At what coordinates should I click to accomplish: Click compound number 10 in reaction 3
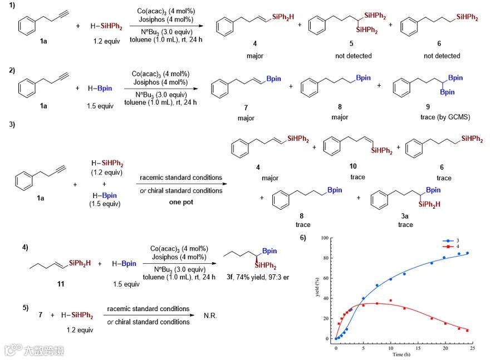tap(353, 166)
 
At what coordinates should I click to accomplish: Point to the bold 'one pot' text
tap(180, 202)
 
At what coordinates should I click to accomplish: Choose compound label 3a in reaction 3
tap(405, 215)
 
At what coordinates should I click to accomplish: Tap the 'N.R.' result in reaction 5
tap(210, 315)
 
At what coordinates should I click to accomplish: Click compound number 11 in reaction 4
tap(60, 284)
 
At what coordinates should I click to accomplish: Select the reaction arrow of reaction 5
tap(146, 315)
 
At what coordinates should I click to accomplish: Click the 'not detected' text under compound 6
tap(442, 56)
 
